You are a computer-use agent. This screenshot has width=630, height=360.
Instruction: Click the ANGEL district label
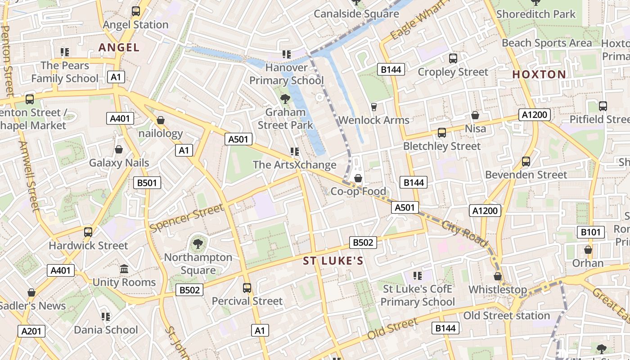pos(119,47)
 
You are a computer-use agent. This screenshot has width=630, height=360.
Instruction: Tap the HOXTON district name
pos(539,74)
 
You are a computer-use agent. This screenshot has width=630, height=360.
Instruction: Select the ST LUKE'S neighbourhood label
pos(333,261)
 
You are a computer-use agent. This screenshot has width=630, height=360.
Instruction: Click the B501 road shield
pos(147,183)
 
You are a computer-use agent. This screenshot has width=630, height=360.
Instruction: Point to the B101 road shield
pos(590,232)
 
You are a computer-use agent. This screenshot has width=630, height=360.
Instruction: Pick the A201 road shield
pos(31,331)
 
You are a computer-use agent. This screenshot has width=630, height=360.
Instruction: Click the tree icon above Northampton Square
pos(197,244)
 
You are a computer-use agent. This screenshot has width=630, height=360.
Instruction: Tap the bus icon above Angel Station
pos(135,11)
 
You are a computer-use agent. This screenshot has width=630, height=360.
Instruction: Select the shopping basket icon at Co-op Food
pos(358,179)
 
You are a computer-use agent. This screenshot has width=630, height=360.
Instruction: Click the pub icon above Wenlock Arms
pos(373,107)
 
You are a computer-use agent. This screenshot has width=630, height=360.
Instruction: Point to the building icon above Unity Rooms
pos(124,269)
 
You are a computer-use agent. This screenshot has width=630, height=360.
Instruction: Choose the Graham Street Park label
pos(285,118)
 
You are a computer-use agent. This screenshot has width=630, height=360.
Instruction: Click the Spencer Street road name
pos(186,218)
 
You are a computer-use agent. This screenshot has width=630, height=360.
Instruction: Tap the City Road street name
pos(464,234)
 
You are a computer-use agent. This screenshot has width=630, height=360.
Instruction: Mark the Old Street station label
pos(507,315)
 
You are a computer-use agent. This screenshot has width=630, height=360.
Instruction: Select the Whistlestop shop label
pos(498,289)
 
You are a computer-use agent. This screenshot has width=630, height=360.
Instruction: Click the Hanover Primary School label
pos(287,74)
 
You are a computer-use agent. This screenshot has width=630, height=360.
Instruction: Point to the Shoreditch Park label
pos(535,14)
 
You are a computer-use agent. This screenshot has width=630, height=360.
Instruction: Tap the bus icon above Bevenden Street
pos(526,162)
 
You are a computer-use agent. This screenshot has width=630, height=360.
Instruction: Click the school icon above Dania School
pos(106,317)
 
